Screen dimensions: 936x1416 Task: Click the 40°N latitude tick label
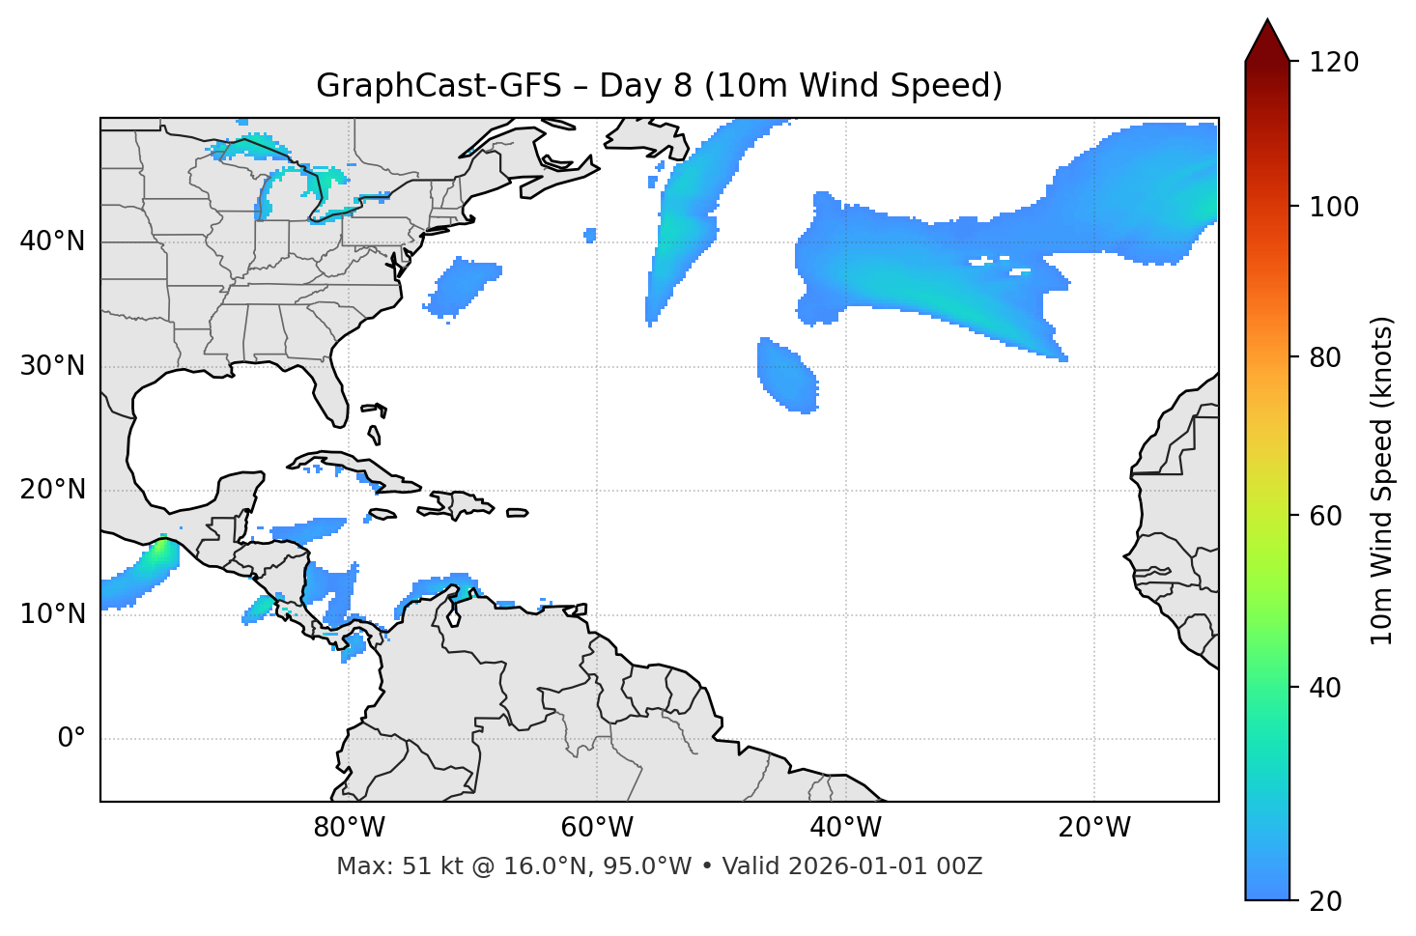52,241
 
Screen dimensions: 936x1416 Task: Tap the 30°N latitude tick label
52,366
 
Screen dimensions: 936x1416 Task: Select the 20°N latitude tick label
52,490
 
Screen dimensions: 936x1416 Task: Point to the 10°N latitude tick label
52,614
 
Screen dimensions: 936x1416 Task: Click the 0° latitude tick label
71,739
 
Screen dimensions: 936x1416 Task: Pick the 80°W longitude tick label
350,828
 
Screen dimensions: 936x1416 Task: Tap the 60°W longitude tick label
598,828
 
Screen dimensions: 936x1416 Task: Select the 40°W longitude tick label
846,828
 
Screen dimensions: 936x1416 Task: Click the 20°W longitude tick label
1094,828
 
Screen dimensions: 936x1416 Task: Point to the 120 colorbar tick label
1333,63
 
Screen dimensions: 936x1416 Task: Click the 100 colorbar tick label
1333,207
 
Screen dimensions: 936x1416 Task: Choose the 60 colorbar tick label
1326,516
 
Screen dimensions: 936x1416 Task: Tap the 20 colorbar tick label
1326,901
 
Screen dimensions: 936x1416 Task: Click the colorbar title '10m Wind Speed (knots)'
1382,480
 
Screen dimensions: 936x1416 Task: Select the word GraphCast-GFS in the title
439,86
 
